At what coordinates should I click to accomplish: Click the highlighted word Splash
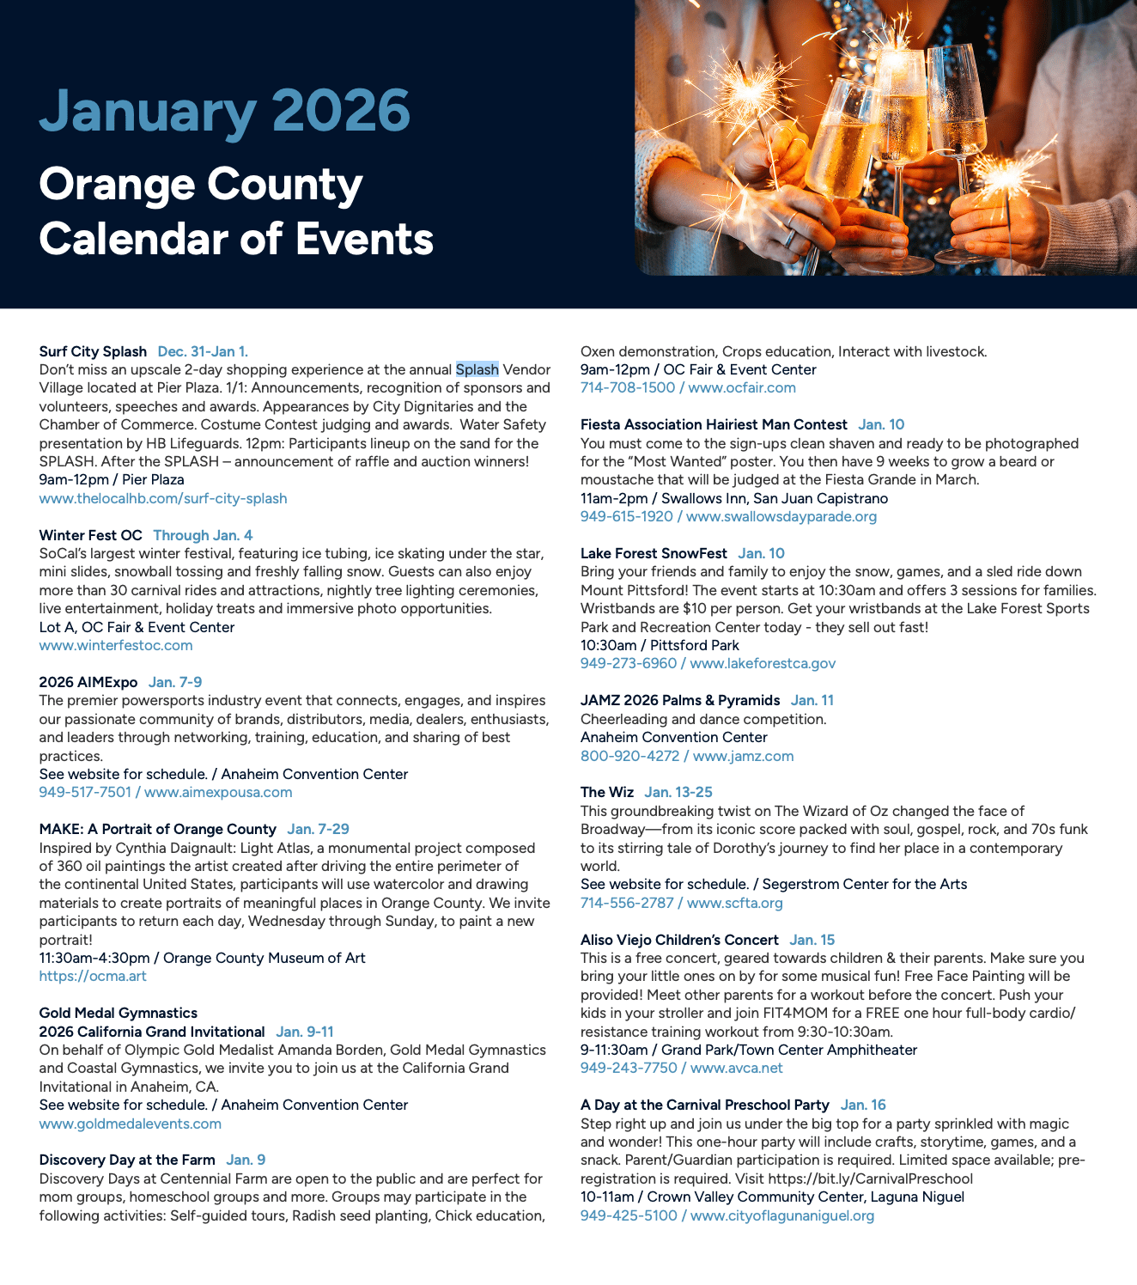pyautogui.click(x=477, y=370)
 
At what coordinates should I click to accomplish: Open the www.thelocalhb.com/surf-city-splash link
pyautogui.click(x=163, y=499)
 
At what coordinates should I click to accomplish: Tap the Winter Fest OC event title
pyautogui.click(x=90, y=536)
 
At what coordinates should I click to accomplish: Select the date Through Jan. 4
pyautogui.click(x=203, y=536)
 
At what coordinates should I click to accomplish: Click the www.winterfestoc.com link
pyautogui.click(x=116, y=646)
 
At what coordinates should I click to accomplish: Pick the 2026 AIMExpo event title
pyautogui.click(x=88, y=683)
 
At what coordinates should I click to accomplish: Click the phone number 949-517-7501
pyautogui.click(x=85, y=793)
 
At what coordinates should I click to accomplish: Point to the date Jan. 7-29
pyautogui.click(x=318, y=830)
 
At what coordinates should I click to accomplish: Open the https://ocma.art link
pyautogui.click(x=93, y=977)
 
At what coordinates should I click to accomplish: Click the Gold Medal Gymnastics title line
pyautogui.click(x=118, y=1014)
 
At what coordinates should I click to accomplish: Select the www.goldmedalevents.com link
pyautogui.click(x=130, y=1124)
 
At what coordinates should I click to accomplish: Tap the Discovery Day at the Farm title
pyautogui.click(x=127, y=1160)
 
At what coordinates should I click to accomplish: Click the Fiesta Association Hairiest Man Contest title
pyautogui.click(x=714, y=425)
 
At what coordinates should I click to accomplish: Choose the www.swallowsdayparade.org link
pyautogui.click(x=781, y=517)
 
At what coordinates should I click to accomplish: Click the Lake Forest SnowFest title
pyautogui.click(x=654, y=554)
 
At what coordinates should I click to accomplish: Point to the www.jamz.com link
pyautogui.click(x=743, y=757)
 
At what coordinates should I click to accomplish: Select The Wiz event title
pyautogui.click(x=607, y=793)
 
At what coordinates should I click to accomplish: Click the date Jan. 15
pyautogui.click(x=812, y=941)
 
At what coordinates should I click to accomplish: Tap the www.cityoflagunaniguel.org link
pyautogui.click(x=782, y=1216)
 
